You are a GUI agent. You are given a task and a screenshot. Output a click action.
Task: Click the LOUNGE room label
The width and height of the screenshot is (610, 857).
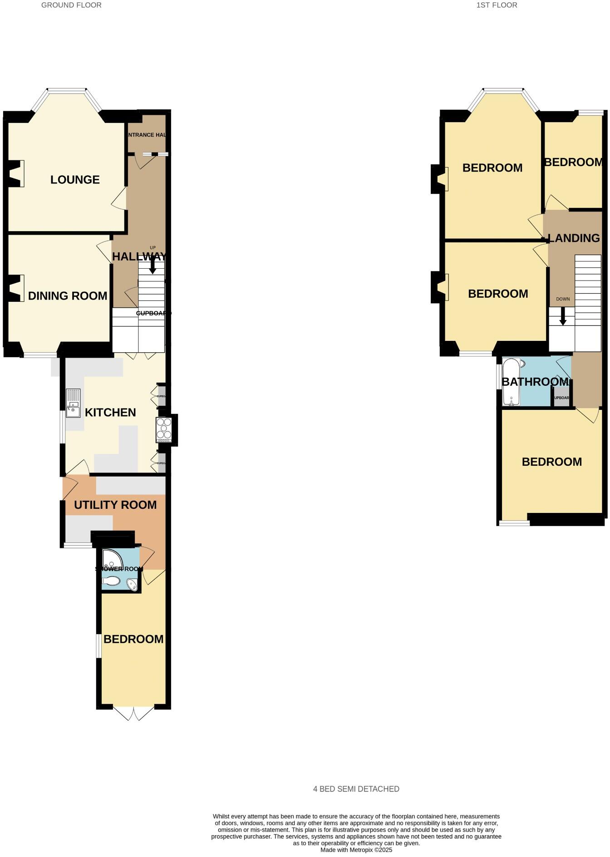tap(75, 180)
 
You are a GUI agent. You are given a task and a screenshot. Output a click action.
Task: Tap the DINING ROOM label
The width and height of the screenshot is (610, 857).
tap(68, 296)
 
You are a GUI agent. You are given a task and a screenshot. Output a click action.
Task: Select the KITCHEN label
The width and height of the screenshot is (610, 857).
tap(110, 413)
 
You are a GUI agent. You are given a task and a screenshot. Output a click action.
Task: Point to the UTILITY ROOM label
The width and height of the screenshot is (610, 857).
tap(115, 505)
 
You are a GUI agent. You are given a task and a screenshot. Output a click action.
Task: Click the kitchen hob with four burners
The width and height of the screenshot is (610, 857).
tap(163, 429)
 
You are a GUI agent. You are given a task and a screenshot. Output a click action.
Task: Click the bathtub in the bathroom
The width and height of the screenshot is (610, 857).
tap(512, 382)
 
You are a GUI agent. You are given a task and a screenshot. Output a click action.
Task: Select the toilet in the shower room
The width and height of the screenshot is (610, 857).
tap(111, 581)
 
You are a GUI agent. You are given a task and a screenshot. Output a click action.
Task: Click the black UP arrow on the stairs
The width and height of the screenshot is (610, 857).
tap(153, 265)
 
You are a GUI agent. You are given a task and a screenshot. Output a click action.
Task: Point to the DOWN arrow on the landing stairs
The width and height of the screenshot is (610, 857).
tap(563, 316)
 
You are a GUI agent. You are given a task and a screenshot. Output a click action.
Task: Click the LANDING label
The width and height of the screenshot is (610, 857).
tap(574, 238)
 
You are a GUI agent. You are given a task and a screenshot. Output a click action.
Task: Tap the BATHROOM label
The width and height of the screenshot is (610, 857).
tap(535, 382)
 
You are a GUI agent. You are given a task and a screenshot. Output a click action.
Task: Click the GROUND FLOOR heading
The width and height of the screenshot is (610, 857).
tap(71, 5)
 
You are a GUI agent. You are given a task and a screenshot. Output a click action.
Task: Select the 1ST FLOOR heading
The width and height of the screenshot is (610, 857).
tap(497, 5)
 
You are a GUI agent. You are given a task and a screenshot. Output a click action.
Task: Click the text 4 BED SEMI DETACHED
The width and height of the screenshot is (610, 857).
tap(356, 789)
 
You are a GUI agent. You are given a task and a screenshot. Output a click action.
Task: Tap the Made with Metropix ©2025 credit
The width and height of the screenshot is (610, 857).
tap(356, 850)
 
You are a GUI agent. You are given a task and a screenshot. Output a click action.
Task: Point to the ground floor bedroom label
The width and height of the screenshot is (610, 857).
tap(133, 639)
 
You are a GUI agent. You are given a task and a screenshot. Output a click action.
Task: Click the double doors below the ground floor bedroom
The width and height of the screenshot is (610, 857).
tap(134, 713)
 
